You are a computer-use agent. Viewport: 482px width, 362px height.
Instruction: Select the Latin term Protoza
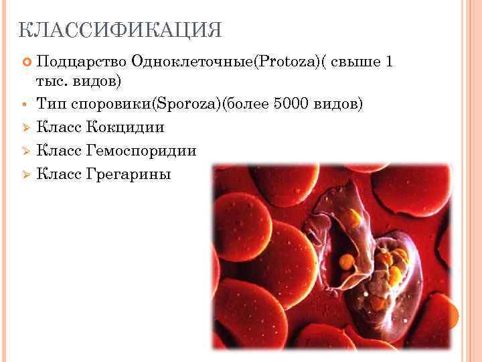276,62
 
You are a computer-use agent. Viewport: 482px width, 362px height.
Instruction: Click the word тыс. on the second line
49,81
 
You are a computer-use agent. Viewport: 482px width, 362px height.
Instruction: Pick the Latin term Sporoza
185,105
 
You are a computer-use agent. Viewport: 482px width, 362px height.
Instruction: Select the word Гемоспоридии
141,151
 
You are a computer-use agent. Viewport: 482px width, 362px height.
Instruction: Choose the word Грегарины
129,174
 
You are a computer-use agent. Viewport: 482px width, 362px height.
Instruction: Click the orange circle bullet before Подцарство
27,62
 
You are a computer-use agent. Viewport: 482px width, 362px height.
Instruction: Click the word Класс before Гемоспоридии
60,151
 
